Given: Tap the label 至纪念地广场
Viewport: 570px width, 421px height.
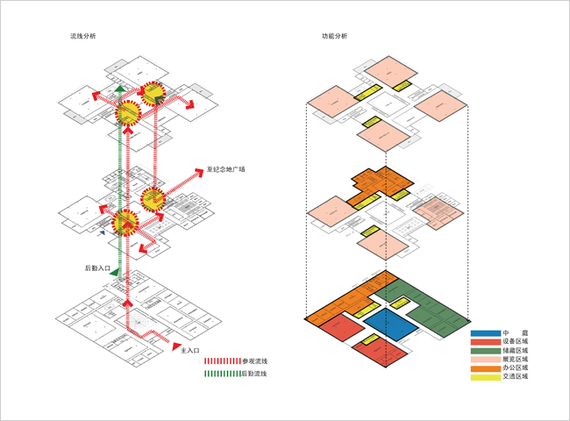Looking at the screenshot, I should point(226,168).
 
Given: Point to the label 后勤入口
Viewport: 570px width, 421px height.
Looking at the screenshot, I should point(97,268).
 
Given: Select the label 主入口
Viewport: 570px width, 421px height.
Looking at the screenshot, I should point(191,348).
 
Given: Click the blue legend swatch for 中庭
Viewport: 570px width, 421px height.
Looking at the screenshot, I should point(485,333).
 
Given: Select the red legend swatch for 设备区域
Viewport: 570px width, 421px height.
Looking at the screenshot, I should point(485,342).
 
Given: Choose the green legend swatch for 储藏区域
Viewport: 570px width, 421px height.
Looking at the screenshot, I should point(485,351).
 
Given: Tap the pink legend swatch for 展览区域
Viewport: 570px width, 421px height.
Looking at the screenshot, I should point(485,359).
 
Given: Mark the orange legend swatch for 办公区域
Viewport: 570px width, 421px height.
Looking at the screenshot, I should point(485,367).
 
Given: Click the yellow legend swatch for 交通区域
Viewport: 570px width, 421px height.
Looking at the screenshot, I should point(485,376).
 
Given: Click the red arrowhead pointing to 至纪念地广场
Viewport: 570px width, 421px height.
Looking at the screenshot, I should point(200,171).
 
